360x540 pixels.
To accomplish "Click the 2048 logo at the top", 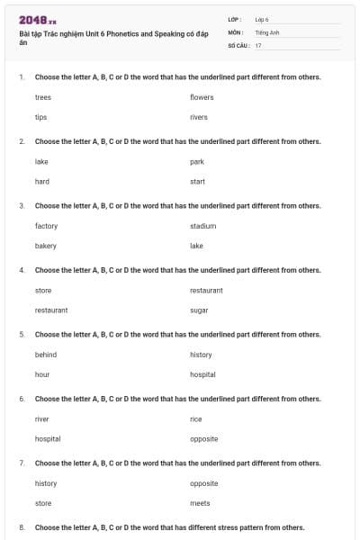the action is point(37,20).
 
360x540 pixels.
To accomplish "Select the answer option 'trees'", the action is point(43,96).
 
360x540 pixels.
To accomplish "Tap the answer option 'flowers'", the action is point(202,96).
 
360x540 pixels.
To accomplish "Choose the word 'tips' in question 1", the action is point(41,117).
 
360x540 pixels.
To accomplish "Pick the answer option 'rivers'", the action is point(199,117).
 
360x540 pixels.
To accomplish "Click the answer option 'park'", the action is point(197,161).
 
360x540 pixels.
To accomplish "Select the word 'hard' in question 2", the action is point(42,181).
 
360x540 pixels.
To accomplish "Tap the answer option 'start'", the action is point(198,181).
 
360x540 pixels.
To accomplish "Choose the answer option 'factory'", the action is point(47,225).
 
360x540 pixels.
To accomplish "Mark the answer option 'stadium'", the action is point(203,225).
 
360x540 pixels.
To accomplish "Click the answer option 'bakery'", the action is point(46,246).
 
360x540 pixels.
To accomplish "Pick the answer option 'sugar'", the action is point(199,310).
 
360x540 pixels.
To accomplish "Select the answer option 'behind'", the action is point(46,355).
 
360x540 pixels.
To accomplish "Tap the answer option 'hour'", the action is point(42,374).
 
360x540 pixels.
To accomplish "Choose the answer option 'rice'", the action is point(196,418).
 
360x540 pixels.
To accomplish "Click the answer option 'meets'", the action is point(200,503).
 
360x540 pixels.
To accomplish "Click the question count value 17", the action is point(258,45).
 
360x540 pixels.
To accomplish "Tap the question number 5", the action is point(22,334).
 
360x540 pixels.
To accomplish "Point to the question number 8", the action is point(22,526).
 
